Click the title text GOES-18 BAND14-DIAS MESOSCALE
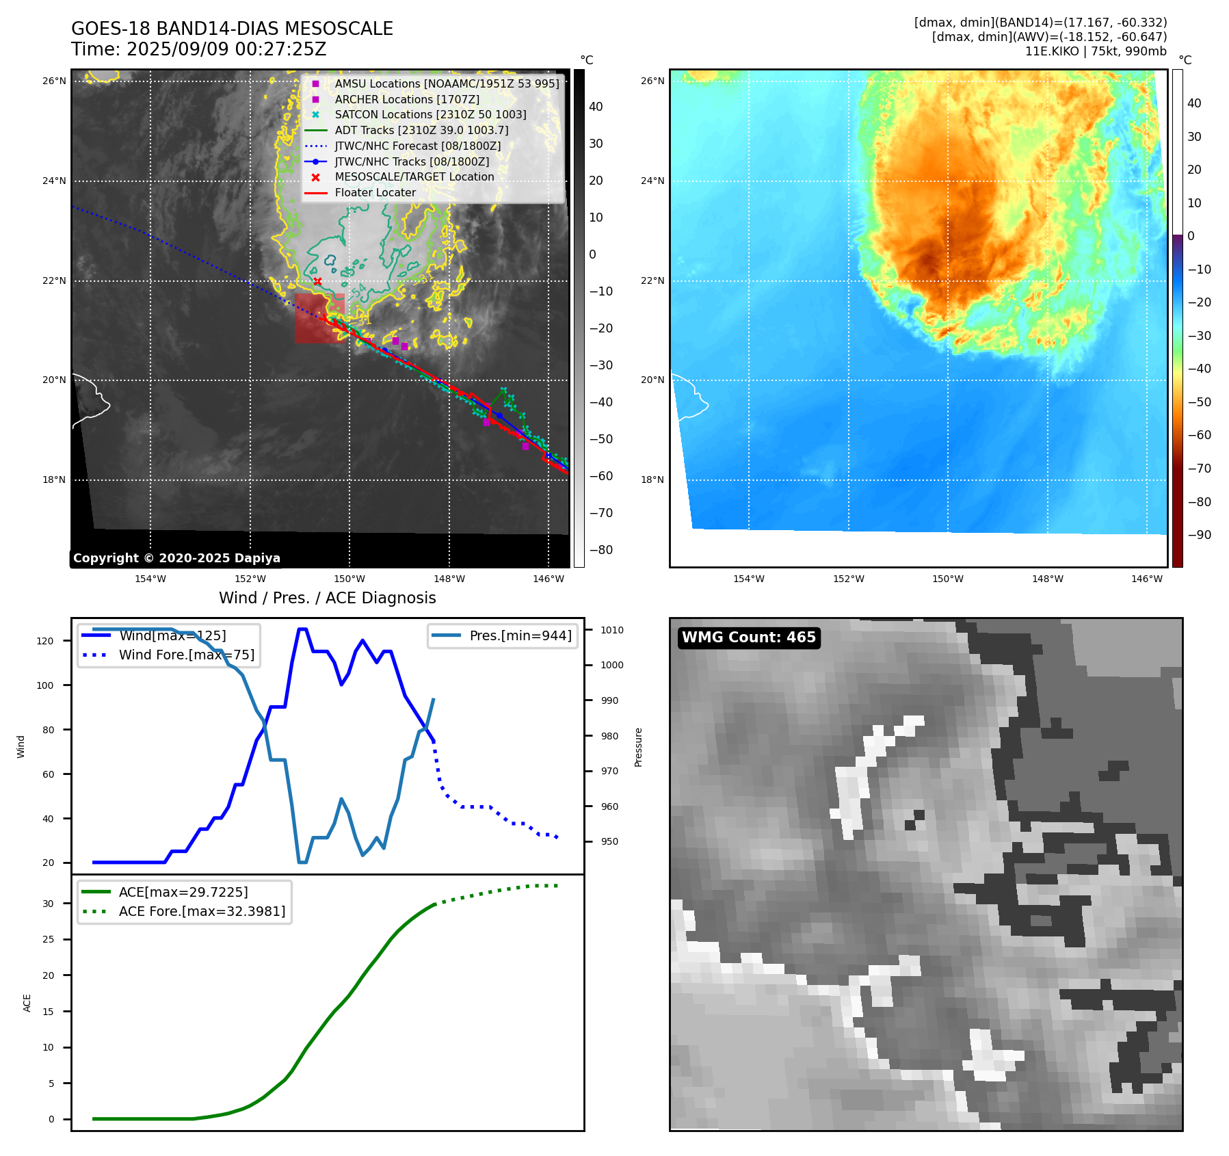coord(232,29)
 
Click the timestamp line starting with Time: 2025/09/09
coord(198,49)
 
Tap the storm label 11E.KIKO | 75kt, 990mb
coord(1096,51)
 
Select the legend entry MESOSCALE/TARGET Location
coord(414,176)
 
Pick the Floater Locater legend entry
coord(375,192)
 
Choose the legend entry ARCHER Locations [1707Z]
coord(407,99)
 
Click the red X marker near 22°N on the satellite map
coord(317,281)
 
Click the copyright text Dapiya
coord(176,557)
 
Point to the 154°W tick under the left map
coord(150,579)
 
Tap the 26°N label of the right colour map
coord(652,81)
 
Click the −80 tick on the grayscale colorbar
coord(601,549)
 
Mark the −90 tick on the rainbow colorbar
coord(1199,534)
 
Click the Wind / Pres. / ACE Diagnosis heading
coord(327,598)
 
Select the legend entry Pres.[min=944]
coord(520,635)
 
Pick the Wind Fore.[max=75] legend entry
coord(186,655)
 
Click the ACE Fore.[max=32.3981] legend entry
coord(202,911)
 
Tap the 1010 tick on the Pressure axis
coord(612,630)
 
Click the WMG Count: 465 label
coord(748,638)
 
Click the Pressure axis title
coord(638,747)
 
